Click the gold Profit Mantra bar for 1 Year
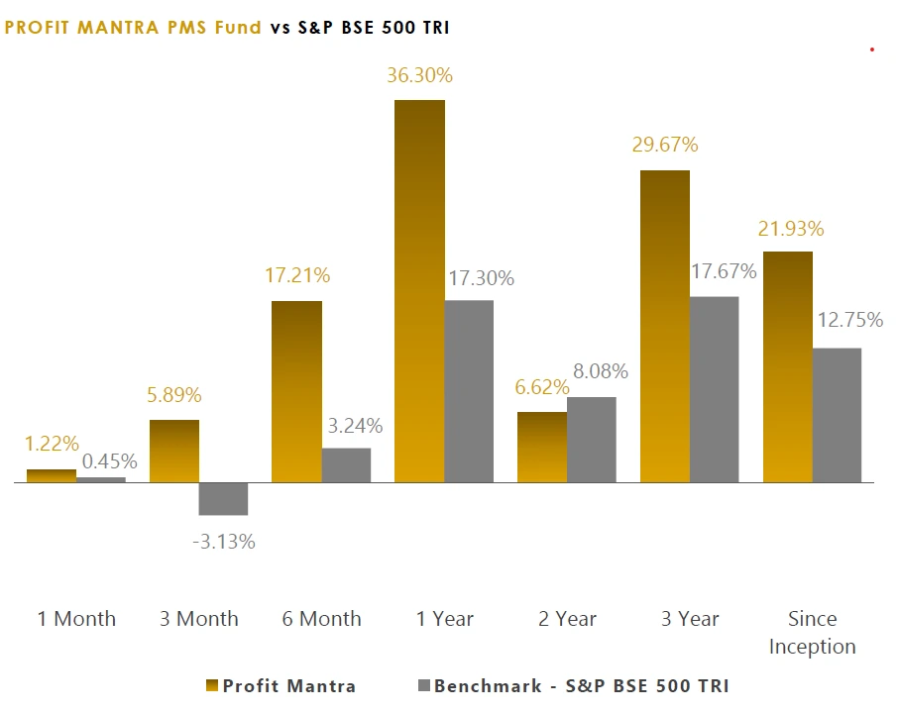point(419,291)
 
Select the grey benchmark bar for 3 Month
point(223,499)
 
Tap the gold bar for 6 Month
point(296,391)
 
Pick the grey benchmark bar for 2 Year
point(591,440)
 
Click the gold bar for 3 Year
point(664,326)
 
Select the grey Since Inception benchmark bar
point(837,415)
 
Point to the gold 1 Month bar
point(52,475)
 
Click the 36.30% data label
point(420,75)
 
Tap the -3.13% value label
point(223,542)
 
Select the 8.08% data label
point(595,372)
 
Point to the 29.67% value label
point(665,145)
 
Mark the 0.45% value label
point(109,460)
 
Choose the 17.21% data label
point(297,275)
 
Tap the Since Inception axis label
point(812,632)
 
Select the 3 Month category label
point(199,619)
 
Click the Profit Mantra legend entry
point(281,685)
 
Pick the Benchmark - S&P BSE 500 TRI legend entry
point(573,685)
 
